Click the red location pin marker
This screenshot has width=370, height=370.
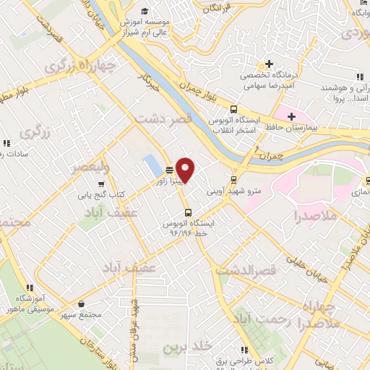pos(186,171)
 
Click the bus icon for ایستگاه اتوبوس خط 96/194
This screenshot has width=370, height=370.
pos(188,212)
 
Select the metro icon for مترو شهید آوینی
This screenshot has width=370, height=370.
pos(233,180)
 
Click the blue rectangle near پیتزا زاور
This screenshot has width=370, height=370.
pos(152,164)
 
